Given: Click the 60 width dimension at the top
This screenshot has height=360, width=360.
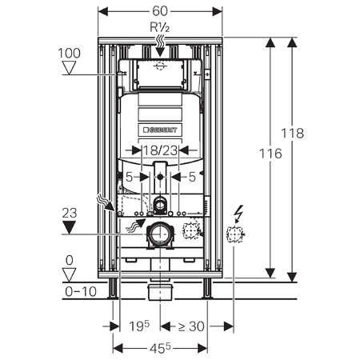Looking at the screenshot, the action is (160, 11).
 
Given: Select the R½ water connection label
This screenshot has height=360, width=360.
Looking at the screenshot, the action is (159, 27).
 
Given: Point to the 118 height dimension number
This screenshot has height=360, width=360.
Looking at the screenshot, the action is (293, 133).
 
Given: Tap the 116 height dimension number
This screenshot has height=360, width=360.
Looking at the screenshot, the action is (270, 154).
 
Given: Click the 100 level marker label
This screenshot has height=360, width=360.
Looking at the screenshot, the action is (70, 53).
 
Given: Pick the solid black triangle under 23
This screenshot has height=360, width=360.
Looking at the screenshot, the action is (69, 228).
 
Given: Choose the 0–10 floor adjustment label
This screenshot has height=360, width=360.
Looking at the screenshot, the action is (81, 291).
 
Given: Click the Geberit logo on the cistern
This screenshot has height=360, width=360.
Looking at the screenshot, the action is (160, 130).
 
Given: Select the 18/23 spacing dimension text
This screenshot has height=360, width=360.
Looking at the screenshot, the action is (160, 150).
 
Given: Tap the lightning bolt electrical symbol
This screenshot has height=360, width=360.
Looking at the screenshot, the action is (238, 214).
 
